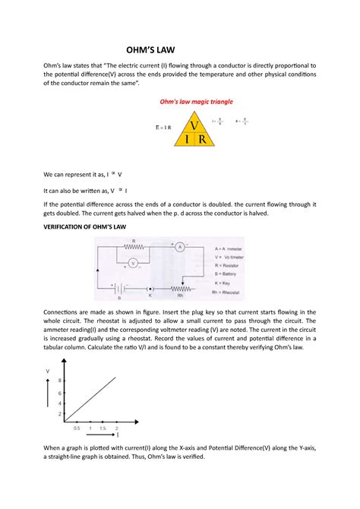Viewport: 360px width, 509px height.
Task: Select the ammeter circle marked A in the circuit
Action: click(x=181, y=248)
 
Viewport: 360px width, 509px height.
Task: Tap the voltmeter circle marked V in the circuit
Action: click(x=132, y=263)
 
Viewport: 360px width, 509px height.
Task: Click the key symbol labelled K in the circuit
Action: click(x=150, y=289)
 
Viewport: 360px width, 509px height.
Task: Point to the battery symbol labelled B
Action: click(x=118, y=289)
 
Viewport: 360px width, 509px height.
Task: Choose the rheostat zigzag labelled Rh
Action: click(x=179, y=289)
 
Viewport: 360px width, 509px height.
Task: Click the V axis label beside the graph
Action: click(x=47, y=371)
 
